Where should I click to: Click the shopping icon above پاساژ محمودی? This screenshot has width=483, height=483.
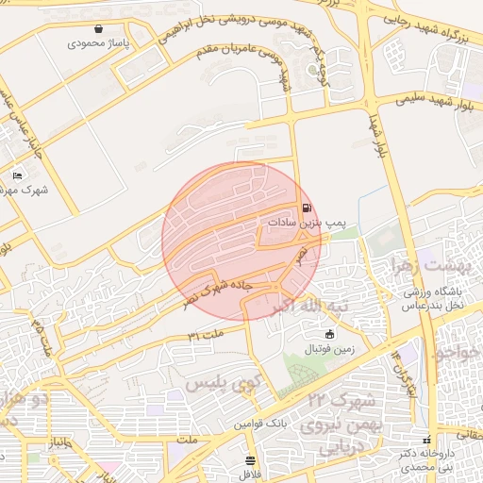click(x=98, y=29)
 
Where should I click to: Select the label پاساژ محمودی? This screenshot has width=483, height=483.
click(x=99, y=43)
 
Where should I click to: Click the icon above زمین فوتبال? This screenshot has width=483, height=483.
click(x=329, y=335)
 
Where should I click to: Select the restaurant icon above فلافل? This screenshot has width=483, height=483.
click(x=249, y=460)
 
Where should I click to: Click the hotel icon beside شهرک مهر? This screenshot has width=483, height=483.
click(x=17, y=175)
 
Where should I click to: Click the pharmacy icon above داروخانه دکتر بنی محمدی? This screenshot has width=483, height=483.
click(x=428, y=441)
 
